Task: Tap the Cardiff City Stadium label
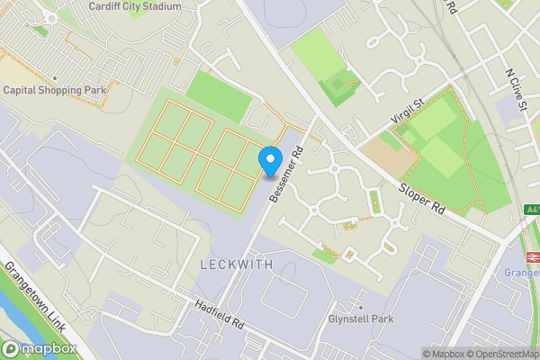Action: click(135, 6)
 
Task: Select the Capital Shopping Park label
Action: click(55, 90)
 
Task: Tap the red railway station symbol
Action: click(531, 255)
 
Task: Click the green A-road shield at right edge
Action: click(533, 210)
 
